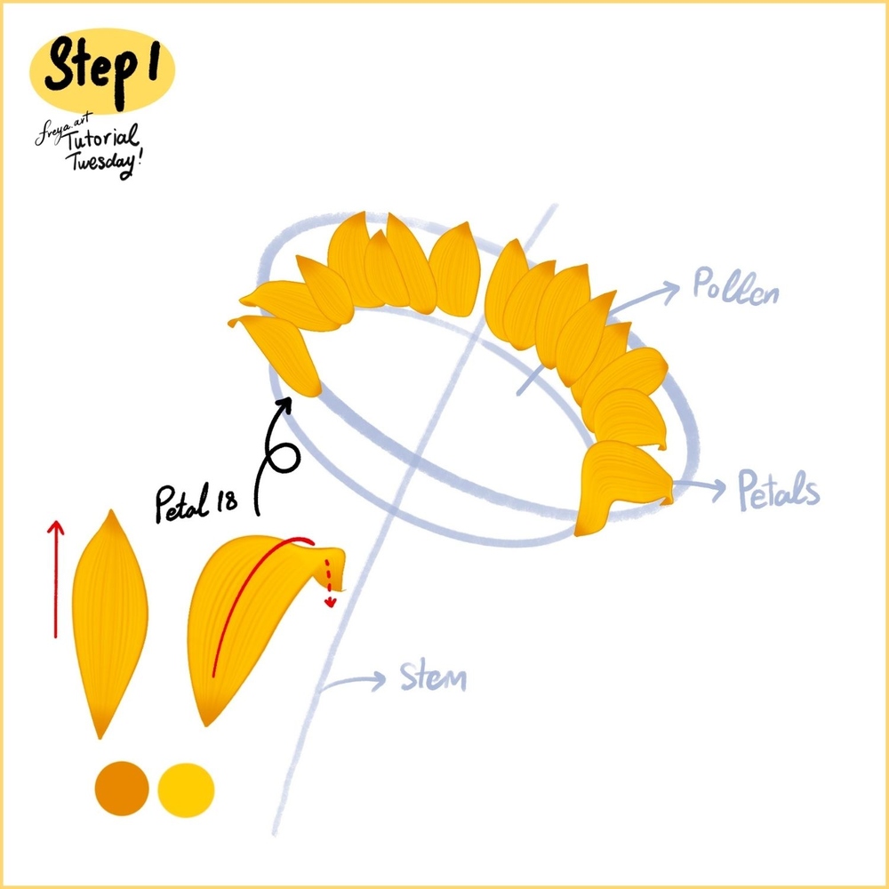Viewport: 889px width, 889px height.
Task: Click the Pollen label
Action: [x=735, y=289]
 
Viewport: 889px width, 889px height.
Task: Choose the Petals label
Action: [x=779, y=490]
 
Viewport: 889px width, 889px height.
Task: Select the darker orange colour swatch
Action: [x=121, y=788]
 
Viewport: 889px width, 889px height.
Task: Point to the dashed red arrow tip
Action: [x=331, y=602]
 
